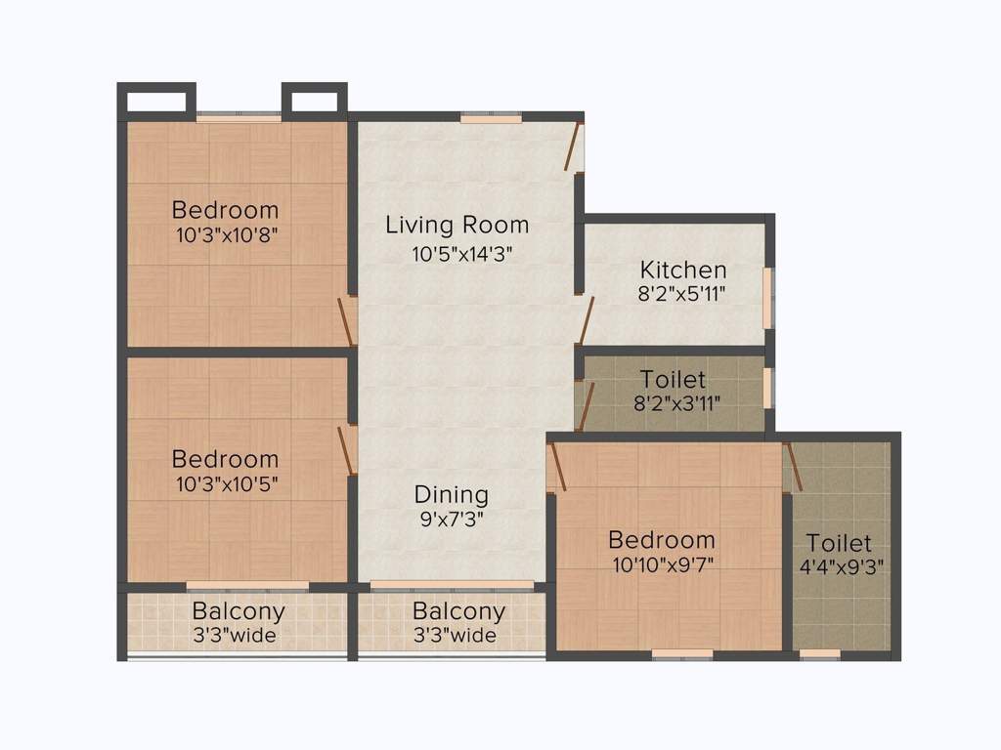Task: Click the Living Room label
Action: tap(457, 225)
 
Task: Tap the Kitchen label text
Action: tap(682, 270)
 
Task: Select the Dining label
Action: tap(451, 494)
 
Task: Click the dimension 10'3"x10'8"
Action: tap(225, 234)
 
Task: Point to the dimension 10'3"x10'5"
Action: tap(225, 483)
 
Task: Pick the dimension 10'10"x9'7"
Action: tap(661, 563)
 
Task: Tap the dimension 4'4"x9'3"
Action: tap(839, 564)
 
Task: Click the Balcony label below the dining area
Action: tap(458, 612)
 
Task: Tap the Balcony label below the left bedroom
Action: tap(239, 612)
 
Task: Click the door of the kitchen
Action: tap(587, 321)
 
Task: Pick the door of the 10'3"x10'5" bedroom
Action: tap(345, 448)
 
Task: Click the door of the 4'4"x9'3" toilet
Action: tap(794, 467)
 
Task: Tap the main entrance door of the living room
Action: tap(574, 146)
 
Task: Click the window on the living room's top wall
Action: tap(491, 118)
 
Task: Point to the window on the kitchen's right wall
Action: tap(767, 297)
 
